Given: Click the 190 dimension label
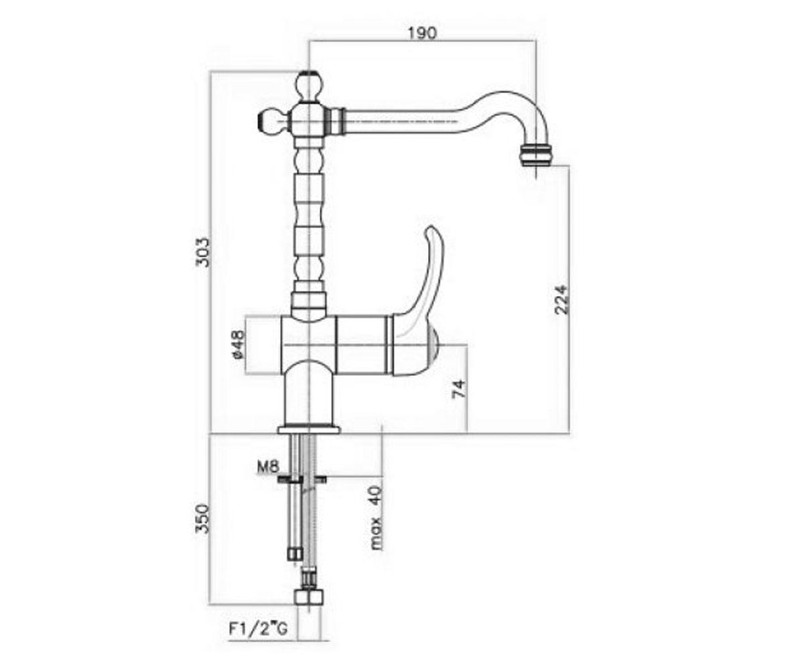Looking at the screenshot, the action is click(x=422, y=33).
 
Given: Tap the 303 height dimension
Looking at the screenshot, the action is click(x=202, y=252).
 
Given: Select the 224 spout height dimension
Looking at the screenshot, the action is click(x=561, y=299).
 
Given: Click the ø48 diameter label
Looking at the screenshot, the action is click(x=239, y=344).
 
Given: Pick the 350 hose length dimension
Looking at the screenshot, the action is click(x=202, y=519).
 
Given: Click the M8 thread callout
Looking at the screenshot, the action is click(x=267, y=467).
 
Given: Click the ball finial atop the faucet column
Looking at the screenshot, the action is click(x=310, y=86).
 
